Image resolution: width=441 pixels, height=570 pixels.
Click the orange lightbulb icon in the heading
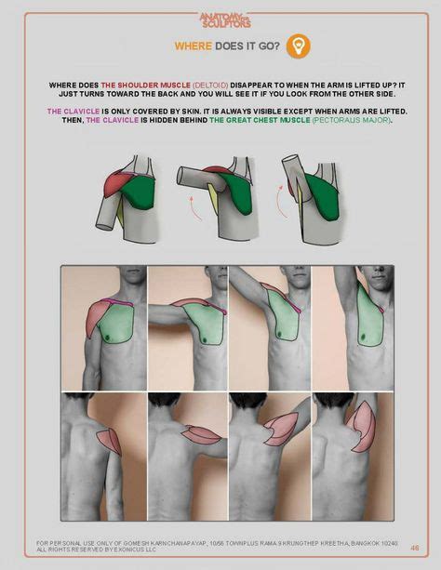point(299,46)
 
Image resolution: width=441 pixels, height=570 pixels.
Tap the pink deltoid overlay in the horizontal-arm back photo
point(200,434)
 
